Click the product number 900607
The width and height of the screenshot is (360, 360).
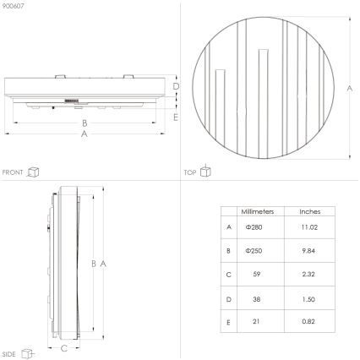(x=14, y=6)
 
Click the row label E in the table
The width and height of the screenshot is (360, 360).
(x=229, y=323)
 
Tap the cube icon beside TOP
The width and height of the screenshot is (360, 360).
(x=205, y=172)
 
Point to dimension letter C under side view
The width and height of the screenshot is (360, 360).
(x=64, y=347)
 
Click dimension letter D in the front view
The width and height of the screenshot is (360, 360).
(x=176, y=87)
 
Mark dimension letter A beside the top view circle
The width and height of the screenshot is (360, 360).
(x=349, y=89)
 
